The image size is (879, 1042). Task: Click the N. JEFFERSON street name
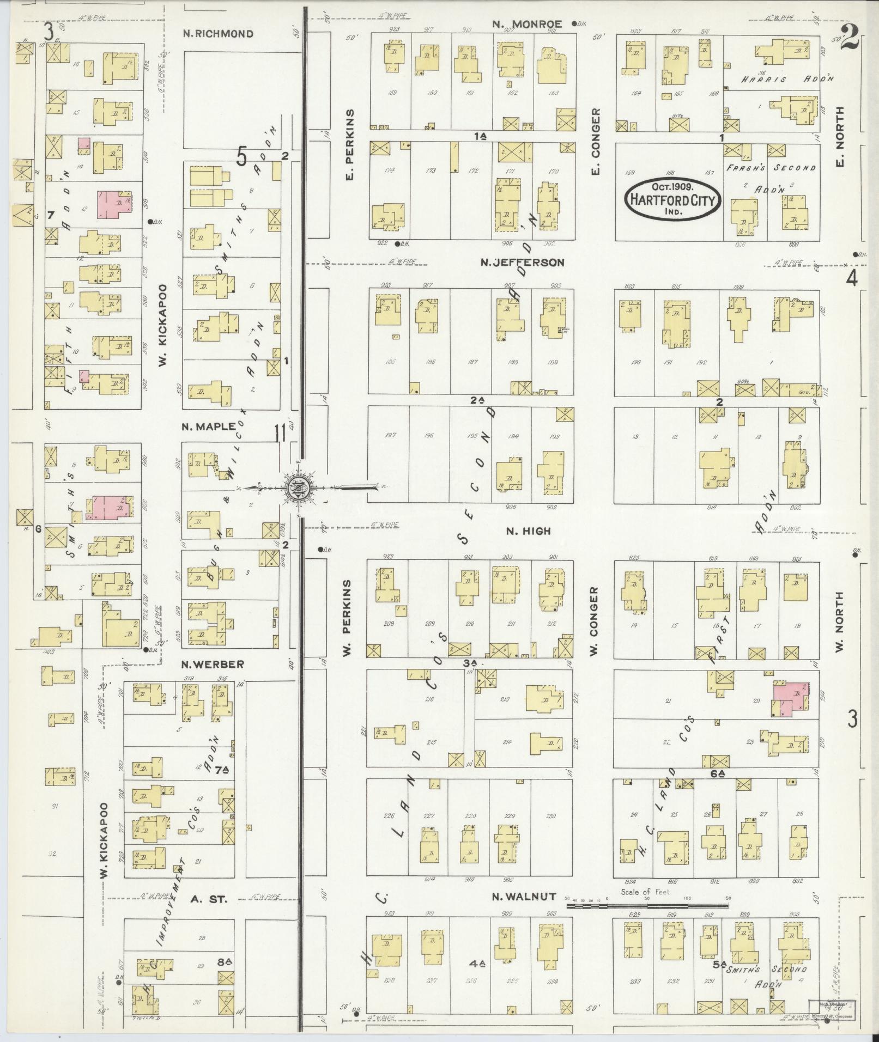coord(523,263)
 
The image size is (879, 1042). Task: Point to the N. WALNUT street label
coord(524,897)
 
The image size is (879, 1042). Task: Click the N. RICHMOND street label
coord(218,34)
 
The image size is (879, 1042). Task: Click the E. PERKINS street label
coord(350,145)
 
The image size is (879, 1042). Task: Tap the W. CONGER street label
coord(595,620)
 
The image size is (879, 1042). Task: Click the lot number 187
coord(470,362)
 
